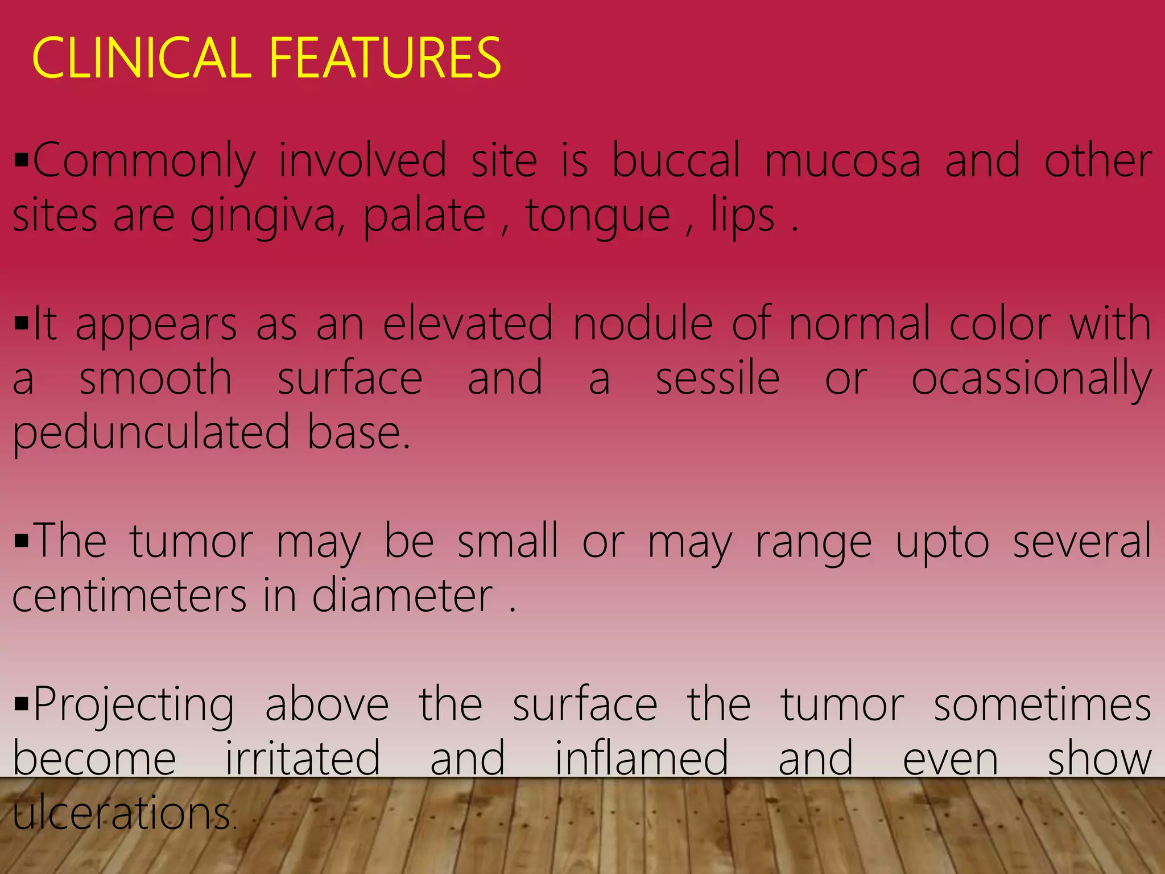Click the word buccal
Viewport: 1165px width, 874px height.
[x=676, y=161]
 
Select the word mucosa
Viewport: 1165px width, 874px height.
[x=842, y=161]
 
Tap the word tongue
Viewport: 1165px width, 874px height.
[x=598, y=217]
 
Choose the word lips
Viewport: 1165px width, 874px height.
[x=743, y=216]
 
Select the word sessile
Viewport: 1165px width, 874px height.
[x=717, y=378]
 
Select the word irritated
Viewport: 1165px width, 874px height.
[x=303, y=758]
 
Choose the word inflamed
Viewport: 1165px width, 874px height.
[x=642, y=758]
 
